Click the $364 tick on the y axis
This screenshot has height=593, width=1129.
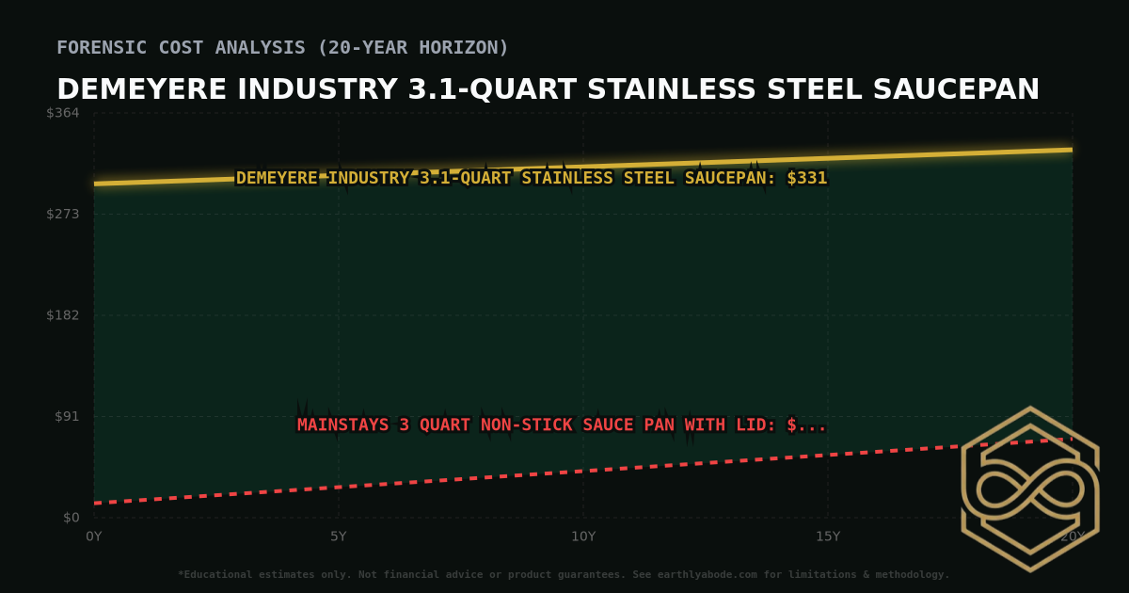click(x=64, y=113)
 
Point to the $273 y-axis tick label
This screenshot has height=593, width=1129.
click(x=64, y=214)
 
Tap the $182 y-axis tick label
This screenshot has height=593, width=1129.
click(x=64, y=314)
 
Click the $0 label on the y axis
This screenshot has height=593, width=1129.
click(x=72, y=518)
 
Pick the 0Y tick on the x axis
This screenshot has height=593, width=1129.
click(x=94, y=537)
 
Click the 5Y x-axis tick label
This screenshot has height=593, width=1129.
click(x=339, y=537)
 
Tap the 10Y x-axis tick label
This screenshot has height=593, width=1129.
click(x=583, y=537)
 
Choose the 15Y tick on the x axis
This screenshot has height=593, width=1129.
click(x=828, y=537)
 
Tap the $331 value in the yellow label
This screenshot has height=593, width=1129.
click(x=806, y=179)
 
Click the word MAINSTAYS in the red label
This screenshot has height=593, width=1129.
click(x=343, y=425)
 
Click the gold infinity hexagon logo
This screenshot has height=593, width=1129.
click(x=1029, y=489)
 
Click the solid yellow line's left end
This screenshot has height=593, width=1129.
click(x=95, y=184)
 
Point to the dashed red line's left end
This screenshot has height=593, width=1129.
click(x=95, y=503)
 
